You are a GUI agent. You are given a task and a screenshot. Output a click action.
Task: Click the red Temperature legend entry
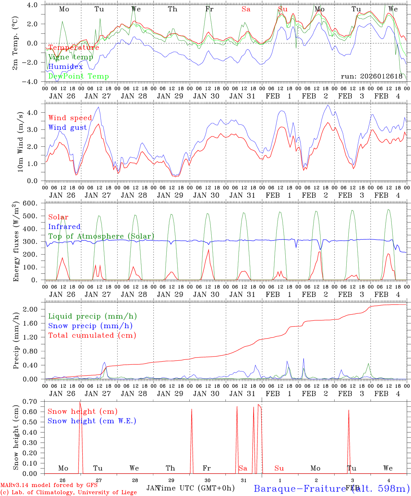[74, 48]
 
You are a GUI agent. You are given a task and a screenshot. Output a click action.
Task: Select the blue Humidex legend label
[65, 67]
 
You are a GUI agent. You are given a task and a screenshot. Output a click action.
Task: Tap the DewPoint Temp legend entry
[78, 76]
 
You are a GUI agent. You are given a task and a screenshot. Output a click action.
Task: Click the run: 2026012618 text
[371, 76]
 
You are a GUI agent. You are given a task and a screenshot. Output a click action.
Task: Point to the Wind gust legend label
[68, 127]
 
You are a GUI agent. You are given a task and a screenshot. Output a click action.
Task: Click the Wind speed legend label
[70, 118]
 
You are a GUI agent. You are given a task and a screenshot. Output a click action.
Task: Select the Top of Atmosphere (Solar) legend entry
[101, 236]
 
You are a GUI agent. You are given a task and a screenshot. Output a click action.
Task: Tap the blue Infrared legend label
[64, 227]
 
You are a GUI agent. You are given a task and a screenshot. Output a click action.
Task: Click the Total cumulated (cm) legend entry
[92, 335]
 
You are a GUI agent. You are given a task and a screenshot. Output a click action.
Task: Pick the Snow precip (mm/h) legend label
[91, 326]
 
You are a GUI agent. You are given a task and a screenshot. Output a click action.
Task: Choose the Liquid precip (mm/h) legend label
[93, 316]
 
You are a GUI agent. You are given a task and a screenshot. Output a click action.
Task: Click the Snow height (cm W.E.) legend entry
[92, 421]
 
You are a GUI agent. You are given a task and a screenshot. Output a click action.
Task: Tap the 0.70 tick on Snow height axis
[31, 401]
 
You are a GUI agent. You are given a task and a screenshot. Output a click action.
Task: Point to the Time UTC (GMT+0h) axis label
[196, 488]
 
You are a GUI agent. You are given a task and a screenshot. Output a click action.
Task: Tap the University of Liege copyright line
[68, 493]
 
